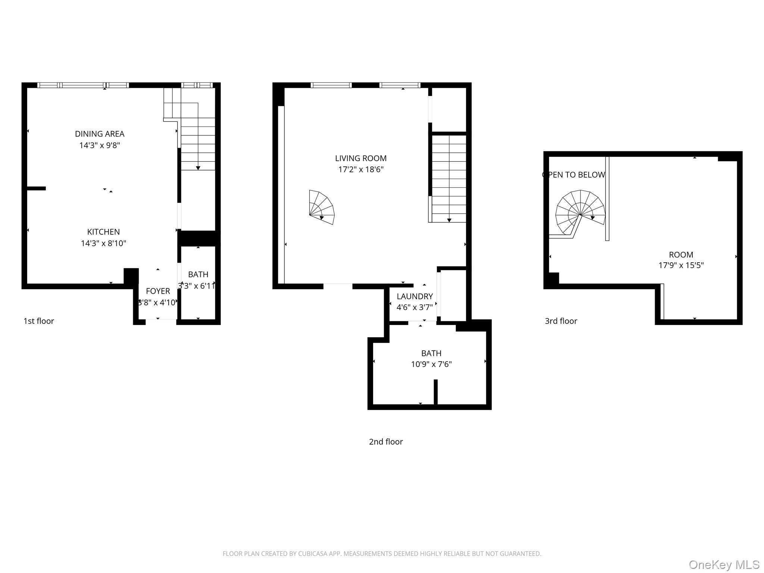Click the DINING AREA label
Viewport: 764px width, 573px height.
100,134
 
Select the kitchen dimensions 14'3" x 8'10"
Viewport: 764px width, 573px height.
103,244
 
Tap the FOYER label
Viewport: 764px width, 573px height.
158,291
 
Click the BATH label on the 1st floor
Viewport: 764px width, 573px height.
198,275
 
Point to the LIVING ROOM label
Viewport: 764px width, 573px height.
361,158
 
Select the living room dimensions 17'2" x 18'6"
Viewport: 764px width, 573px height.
361,170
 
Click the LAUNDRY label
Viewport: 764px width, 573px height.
414,297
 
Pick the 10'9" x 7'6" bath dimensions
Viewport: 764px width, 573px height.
431,364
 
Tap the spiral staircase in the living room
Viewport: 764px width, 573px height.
321,208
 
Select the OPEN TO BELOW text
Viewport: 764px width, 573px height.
573,175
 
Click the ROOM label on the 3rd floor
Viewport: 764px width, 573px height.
681,255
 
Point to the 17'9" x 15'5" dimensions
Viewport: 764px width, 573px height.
681,266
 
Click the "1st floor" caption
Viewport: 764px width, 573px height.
39,321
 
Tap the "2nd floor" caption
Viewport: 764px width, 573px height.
386,442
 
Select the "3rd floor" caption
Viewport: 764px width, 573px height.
561,321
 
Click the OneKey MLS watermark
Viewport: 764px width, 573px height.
724,565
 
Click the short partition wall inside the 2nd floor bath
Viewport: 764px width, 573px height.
435,392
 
